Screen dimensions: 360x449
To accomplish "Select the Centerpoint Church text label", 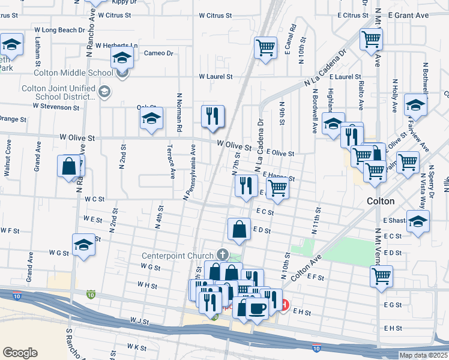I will click(178, 256).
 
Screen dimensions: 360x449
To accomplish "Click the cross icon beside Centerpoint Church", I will click(223, 255).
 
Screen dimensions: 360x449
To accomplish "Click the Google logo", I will click(20, 353).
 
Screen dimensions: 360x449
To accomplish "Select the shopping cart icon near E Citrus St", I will click(372, 40).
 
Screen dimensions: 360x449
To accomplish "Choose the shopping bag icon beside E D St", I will click(239, 229).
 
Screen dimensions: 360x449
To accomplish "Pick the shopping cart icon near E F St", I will click(382, 277).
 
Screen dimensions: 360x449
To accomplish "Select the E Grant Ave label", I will click(409, 14).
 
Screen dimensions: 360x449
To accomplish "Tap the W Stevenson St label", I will click(56, 107).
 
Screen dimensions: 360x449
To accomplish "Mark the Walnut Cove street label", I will click(8, 158).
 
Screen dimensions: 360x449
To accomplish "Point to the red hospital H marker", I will click(285, 305).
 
